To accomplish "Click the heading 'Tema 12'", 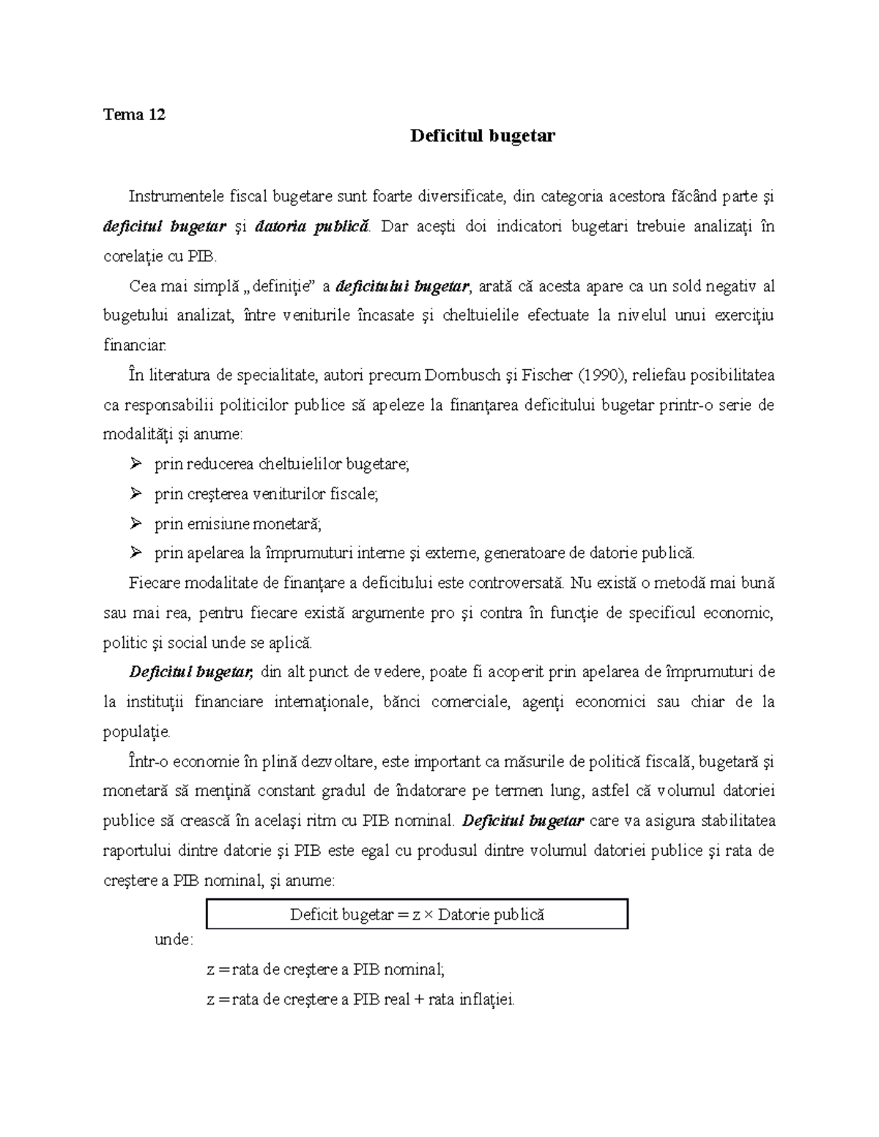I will (134, 114).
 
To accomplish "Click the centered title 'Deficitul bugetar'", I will (482, 135).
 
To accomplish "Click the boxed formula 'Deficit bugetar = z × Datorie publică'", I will (418, 914).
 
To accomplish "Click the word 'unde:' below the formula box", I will (174, 939).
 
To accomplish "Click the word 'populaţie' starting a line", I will (136, 731).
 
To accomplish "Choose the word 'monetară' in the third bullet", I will (286, 523).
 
